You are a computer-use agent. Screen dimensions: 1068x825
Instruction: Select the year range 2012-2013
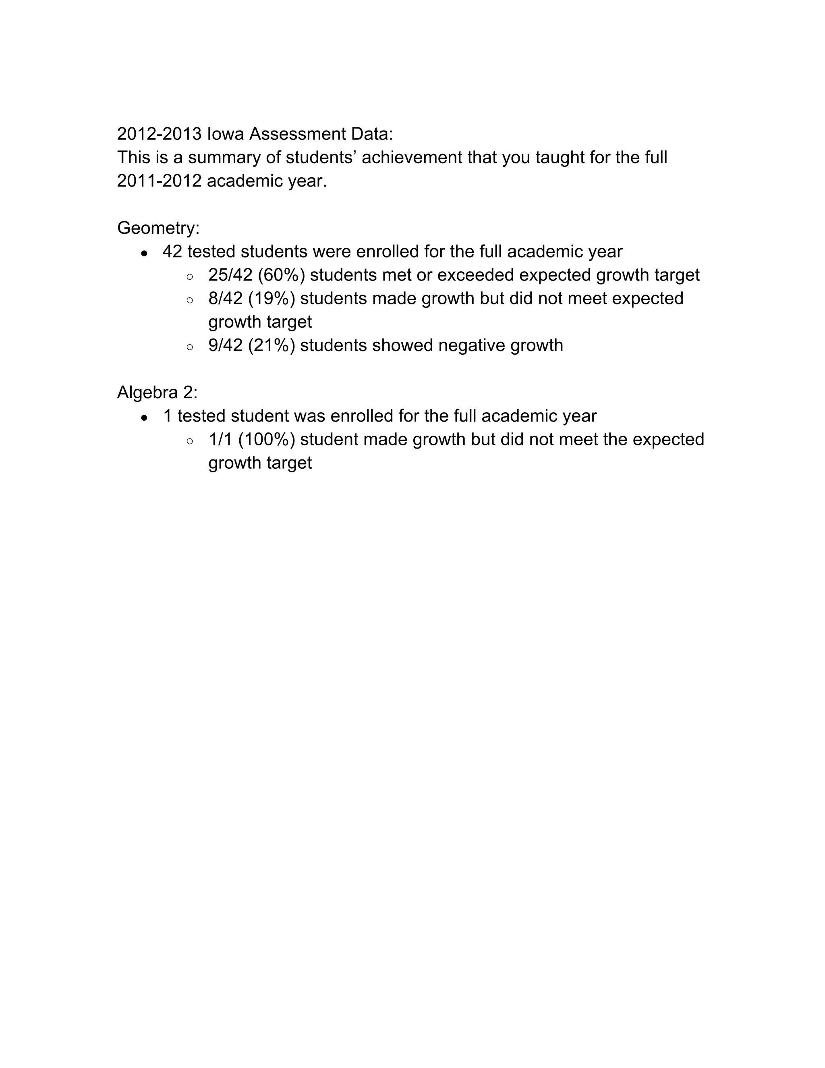pyautogui.click(x=160, y=134)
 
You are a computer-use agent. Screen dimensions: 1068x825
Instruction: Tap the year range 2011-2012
pyautogui.click(x=160, y=181)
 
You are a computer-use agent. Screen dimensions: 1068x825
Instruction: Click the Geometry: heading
pyautogui.click(x=158, y=228)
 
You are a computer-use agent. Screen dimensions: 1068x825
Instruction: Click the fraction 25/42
pyautogui.click(x=230, y=275)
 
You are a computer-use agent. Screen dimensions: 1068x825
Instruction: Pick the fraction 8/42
pyautogui.click(x=225, y=298)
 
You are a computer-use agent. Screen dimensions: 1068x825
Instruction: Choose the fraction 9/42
pyautogui.click(x=225, y=345)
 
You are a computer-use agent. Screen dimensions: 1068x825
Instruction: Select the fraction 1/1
pyautogui.click(x=220, y=439)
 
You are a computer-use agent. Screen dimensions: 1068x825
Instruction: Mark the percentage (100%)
pyautogui.click(x=267, y=439)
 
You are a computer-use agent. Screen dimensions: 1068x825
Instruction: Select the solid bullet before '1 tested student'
pyautogui.click(x=144, y=418)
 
